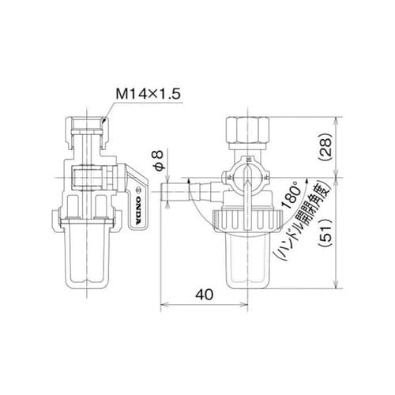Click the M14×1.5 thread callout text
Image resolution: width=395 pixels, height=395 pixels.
point(149,94)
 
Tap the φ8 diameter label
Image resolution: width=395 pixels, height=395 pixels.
point(159,160)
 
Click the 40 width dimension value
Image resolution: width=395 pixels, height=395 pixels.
point(205,294)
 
